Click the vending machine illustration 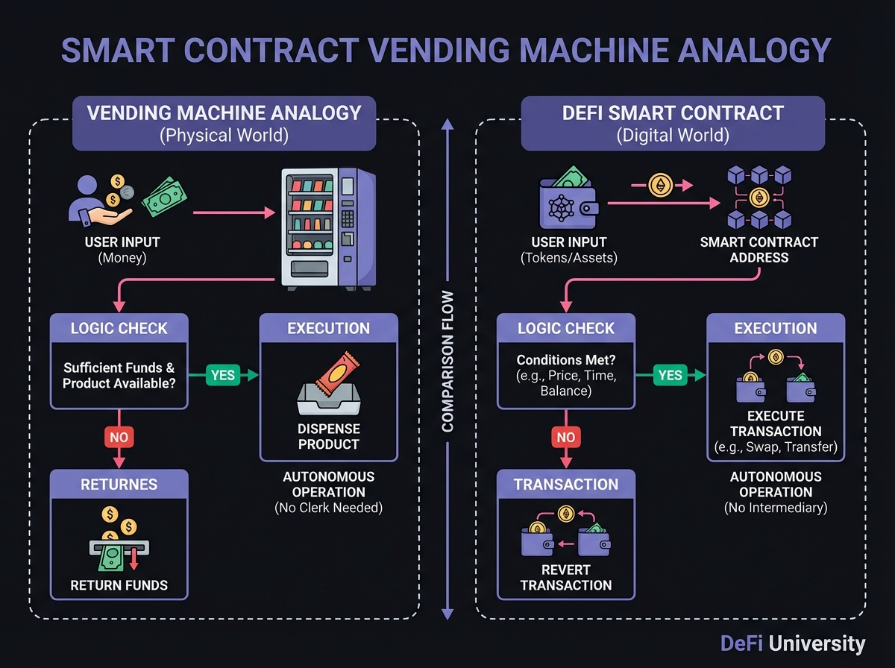pos(328,227)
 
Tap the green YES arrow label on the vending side pos(223,376)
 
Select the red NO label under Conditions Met pos(566,438)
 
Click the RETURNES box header pos(119,485)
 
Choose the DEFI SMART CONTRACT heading pos(673,113)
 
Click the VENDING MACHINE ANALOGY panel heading pos(224,113)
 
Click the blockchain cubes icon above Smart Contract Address pos(760,198)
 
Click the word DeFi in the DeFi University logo pos(741,644)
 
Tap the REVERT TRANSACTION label pos(566,577)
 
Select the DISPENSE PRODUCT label pos(328,437)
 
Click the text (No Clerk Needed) pos(328,508)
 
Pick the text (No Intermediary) pos(776,508)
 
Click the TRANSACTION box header pos(566,485)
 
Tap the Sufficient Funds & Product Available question pos(119,376)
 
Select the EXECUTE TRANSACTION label pos(776,423)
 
